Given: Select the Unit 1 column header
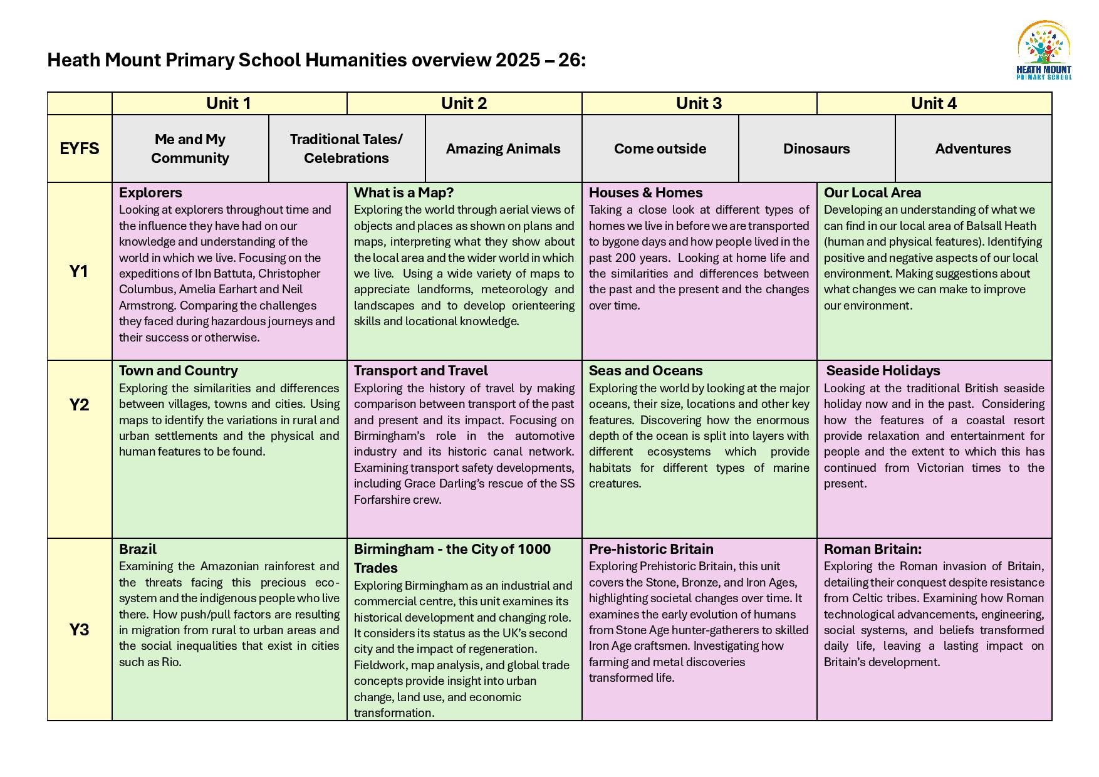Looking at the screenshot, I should pos(229,103).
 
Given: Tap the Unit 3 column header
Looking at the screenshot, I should pos(699,103).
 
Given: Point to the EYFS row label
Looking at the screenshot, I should pos(80,149).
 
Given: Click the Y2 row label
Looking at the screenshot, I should pos(80,405).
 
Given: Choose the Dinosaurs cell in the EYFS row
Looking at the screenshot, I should pos(816,149).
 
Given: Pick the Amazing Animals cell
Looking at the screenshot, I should pos(503,149).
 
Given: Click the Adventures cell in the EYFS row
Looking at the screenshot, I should pos(973,149).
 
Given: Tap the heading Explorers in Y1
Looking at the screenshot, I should pos(150,192).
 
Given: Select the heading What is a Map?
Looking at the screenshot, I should pos(404,192).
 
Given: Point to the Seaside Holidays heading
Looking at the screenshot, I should pos(883,370).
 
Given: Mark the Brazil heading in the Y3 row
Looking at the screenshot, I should pos(138,549).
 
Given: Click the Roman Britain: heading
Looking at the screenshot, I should pos(872,549).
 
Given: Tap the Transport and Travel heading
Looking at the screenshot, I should pos(420,370).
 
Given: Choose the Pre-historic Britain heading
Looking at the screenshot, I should pos(651,549).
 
